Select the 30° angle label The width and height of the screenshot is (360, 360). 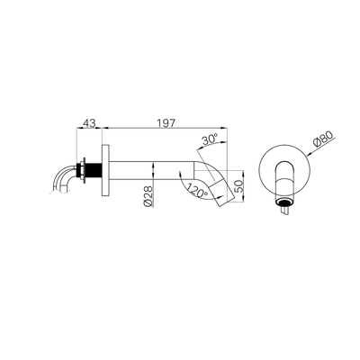pos(209,139)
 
